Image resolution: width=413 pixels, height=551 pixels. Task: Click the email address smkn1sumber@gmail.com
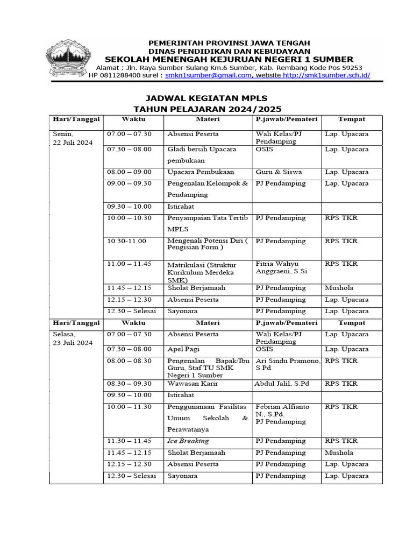coord(208,76)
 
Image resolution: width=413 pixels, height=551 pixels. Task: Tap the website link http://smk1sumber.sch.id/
coord(326,76)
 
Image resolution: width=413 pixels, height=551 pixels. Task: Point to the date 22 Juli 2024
coord(73,143)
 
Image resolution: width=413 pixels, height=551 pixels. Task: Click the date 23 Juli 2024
coord(73,343)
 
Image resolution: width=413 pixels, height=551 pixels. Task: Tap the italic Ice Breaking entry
coord(188,441)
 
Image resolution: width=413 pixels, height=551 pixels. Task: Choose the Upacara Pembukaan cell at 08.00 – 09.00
coord(201,172)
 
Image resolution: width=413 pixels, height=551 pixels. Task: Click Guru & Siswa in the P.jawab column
coord(279,172)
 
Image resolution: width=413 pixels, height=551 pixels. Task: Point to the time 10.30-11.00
coord(126,241)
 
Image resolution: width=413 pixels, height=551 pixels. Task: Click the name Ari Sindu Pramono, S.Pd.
coord(287,364)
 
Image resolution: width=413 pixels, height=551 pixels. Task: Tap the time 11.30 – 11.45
coord(129,441)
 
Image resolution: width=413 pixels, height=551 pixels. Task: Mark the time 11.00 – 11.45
coord(129,264)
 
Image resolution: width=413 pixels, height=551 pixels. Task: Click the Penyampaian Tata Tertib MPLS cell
coord(208,223)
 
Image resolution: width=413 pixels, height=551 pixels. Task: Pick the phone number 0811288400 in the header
coord(120,76)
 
